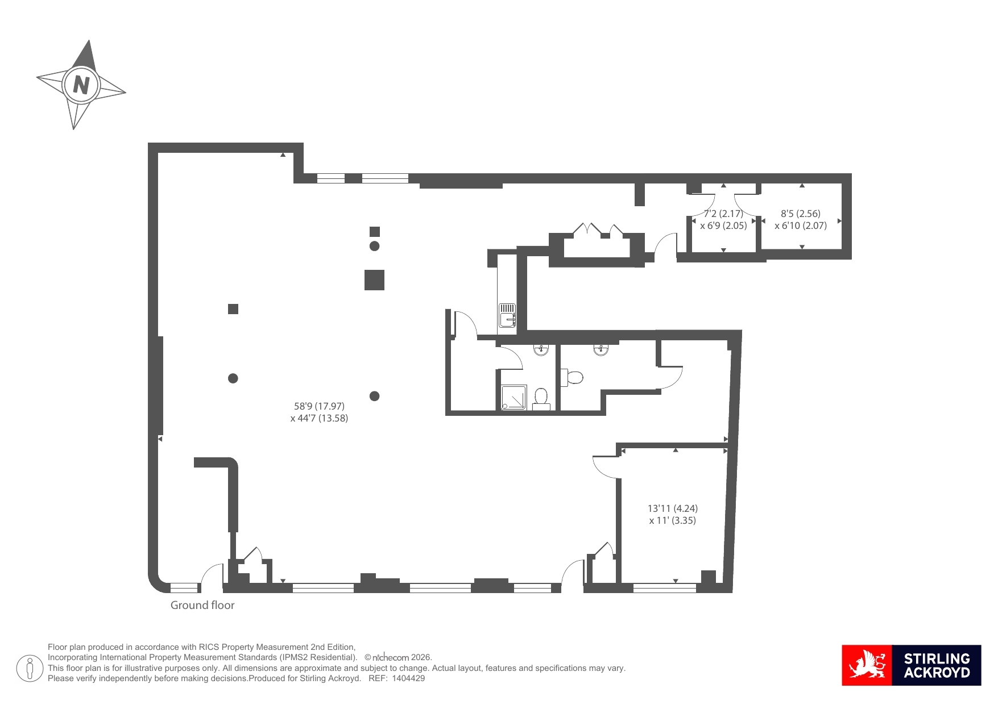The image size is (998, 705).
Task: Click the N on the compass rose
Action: [x=81, y=85]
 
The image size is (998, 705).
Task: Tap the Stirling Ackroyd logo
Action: [x=911, y=665]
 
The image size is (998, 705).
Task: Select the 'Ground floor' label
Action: [x=202, y=606]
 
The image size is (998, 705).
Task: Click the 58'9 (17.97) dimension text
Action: [x=319, y=406]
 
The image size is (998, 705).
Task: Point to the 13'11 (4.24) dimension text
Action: [x=673, y=508]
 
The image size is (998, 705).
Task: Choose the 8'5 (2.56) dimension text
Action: [x=801, y=214]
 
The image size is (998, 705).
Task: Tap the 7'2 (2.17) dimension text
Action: [x=723, y=214]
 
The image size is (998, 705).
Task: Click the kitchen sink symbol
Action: [x=507, y=315]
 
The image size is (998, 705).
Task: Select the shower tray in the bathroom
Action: [x=514, y=398]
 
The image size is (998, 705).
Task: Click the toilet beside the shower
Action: [x=541, y=399]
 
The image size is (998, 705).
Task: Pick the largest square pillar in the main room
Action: [x=374, y=280]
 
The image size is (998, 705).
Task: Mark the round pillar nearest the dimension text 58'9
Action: [x=374, y=396]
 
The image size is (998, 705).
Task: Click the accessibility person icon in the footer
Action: [x=30, y=668]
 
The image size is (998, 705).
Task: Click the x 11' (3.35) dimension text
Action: [x=673, y=520]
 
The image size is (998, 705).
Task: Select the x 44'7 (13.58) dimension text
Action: [x=319, y=418]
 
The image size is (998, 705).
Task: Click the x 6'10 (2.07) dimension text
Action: [x=801, y=226]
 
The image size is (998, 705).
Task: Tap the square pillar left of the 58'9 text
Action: [x=233, y=309]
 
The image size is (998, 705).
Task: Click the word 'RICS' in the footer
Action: [x=209, y=647]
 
